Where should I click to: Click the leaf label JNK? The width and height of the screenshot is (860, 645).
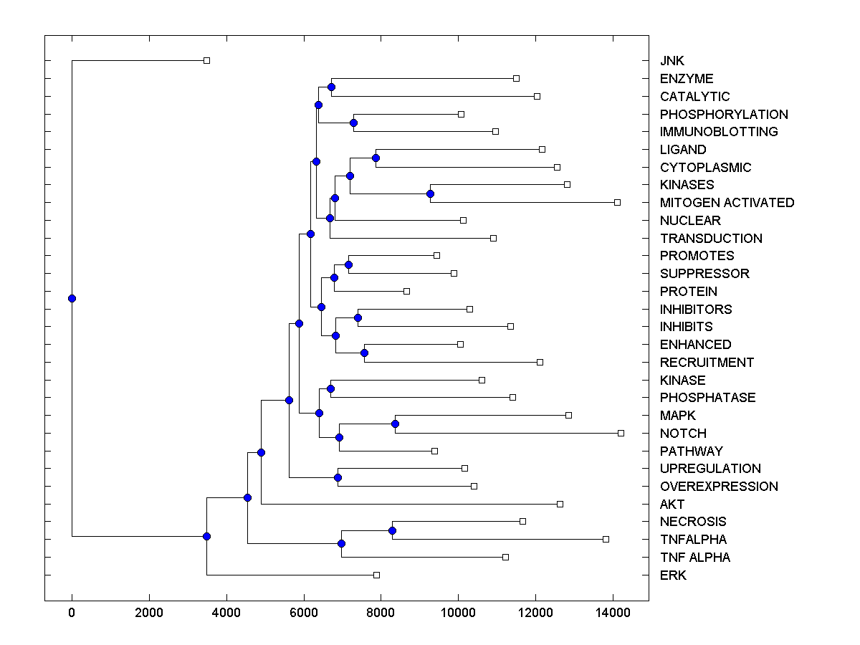coord(672,61)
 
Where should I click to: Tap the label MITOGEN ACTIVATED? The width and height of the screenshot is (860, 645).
coord(727,203)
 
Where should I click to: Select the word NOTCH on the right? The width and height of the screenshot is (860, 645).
coord(683,434)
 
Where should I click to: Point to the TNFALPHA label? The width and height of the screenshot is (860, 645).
coord(693,540)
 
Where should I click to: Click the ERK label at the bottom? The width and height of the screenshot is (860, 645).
coord(673,575)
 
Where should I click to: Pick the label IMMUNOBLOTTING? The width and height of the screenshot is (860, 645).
coord(719,132)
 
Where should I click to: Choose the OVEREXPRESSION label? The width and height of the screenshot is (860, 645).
coord(719,487)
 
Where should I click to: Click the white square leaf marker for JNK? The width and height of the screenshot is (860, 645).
coord(206,60)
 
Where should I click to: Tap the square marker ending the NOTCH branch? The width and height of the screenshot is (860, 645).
coord(621,433)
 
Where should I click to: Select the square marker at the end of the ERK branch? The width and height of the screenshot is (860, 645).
coord(376,575)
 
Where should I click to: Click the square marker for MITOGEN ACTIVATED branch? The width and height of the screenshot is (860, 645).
coord(617,202)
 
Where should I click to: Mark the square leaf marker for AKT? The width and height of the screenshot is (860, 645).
coord(560,504)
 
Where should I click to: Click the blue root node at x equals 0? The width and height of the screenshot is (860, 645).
coord(72,298)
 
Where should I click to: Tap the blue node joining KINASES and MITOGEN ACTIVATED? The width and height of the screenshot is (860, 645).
coord(430,193)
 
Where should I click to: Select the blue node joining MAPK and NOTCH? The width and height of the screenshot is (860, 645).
coord(395,424)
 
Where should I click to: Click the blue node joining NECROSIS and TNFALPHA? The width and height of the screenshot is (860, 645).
coord(392,530)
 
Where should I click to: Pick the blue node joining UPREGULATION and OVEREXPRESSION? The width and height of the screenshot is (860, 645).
coord(338,477)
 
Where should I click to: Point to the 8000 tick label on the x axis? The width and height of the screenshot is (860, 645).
coord(381,612)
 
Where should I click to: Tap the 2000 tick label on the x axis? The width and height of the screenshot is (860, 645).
coord(149,612)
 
